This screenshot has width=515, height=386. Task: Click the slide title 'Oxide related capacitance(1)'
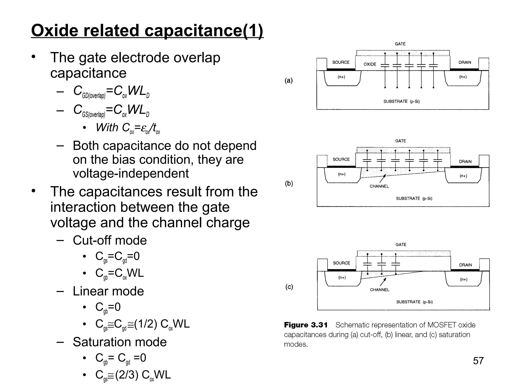click(x=147, y=31)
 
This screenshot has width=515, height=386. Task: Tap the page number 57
click(x=478, y=361)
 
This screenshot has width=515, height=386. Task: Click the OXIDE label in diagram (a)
click(x=370, y=64)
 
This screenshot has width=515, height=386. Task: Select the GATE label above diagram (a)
click(x=400, y=44)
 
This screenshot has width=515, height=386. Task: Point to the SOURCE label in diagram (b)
click(x=341, y=159)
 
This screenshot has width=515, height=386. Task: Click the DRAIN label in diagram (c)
click(x=465, y=265)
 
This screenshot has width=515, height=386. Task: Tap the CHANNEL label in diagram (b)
click(x=379, y=186)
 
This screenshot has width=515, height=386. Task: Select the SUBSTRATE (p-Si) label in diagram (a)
click(x=401, y=102)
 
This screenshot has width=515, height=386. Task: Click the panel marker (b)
click(x=289, y=183)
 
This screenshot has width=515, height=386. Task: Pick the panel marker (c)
click(x=289, y=287)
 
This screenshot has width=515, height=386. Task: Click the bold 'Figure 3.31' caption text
click(x=306, y=325)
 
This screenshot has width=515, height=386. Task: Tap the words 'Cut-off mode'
click(x=110, y=240)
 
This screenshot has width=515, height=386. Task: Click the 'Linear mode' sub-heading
click(x=108, y=291)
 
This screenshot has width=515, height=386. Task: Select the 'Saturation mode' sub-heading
click(x=120, y=342)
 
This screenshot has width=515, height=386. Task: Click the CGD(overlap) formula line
click(x=111, y=91)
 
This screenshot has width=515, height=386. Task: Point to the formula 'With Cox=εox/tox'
click(x=128, y=128)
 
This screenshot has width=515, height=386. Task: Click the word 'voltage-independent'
click(x=131, y=173)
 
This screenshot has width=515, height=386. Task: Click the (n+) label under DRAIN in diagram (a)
click(x=463, y=77)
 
